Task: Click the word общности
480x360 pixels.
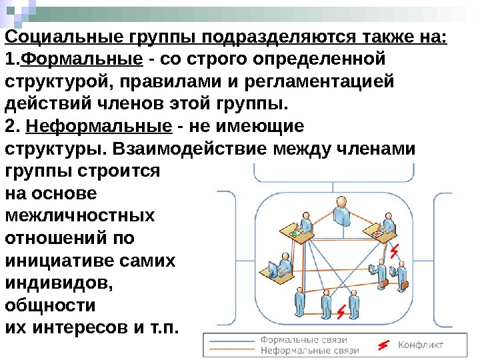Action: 50,305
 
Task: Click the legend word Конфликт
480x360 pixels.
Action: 421,345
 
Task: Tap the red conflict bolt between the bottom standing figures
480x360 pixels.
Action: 342,311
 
